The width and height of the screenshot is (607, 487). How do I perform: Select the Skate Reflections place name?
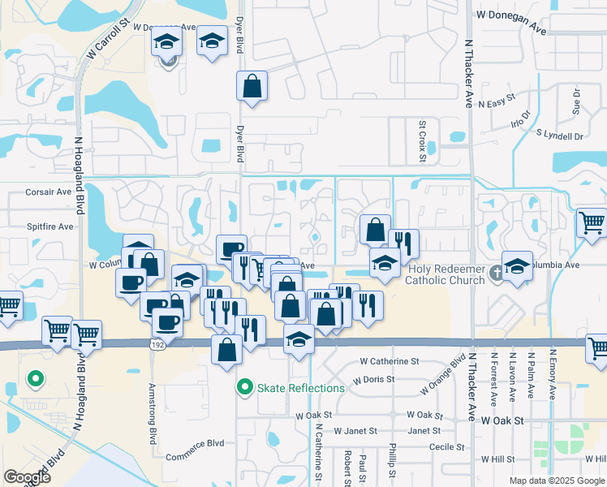pos(301,388)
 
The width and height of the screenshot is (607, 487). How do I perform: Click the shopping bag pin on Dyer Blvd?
pos(252,86)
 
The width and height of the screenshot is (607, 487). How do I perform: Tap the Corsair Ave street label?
pos(49,192)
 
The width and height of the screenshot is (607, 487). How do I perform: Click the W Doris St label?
pos(374,379)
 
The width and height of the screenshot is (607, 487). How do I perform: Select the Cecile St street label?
pos(447,446)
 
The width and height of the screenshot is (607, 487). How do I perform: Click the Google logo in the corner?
pos(27,477)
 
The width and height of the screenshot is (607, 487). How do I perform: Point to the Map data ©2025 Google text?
pos(557,481)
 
